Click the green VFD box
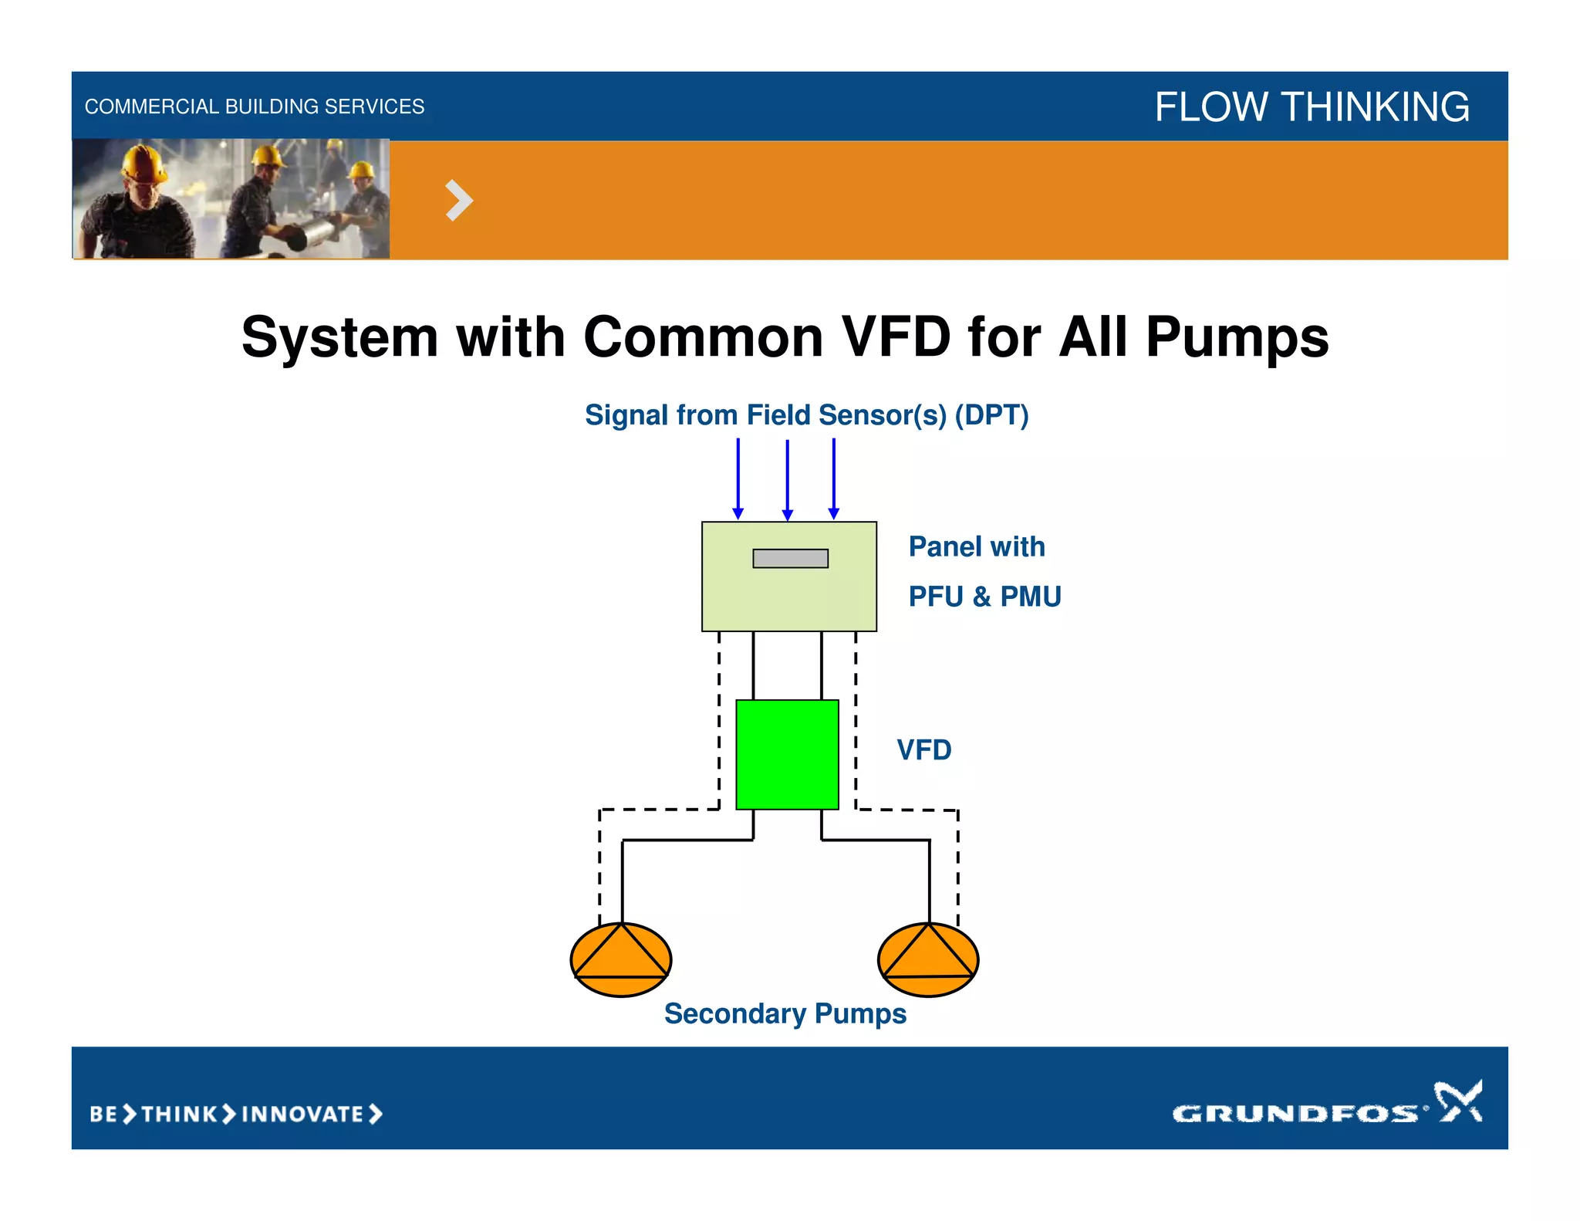click(x=787, y=754)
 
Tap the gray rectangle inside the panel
click(x=790, y=558)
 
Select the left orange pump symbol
click(x=621, y=959)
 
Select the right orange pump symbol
click(x=928, y=959)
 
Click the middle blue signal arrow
click(x=787, y=479)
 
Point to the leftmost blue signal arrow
click(x=738, y=479)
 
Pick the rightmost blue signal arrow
click(x=834, y=479)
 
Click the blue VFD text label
click(x=923, y=750)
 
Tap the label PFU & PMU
click(x=984, y=597)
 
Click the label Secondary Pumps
click(x=785, y=1013)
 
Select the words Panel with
click(x=976, y=546)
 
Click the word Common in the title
click(x=703, y=337)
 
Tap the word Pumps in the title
click(x=1237, y=337)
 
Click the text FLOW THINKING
click(x=1311, y=107)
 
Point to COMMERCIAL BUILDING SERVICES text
click(x=255, y=107)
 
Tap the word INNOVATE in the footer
click(x=302, y=1114)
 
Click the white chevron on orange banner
click(x=458, y=201)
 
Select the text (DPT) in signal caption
click(x=991, y=415)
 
